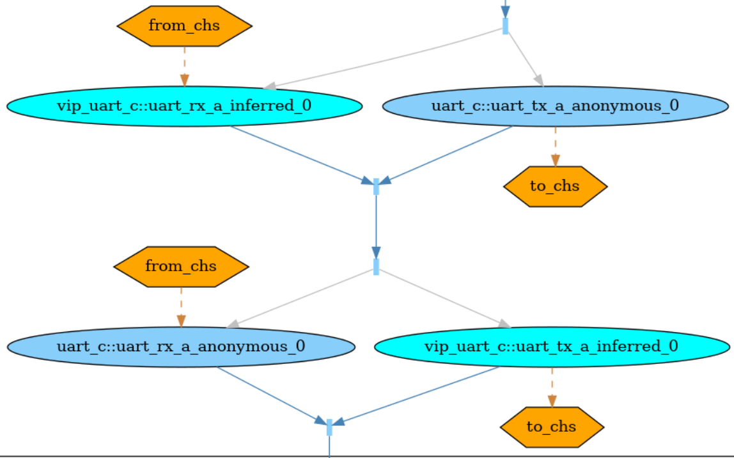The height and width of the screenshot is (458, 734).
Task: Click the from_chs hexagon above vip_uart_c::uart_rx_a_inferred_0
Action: point(184,26)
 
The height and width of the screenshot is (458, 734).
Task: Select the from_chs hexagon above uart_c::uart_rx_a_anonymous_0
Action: point(181,266)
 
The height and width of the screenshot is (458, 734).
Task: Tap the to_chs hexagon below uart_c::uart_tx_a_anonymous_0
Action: point(555,186)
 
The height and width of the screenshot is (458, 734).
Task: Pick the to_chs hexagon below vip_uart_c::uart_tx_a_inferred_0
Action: point(552,427)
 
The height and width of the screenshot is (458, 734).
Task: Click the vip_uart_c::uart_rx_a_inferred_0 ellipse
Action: point(184,106)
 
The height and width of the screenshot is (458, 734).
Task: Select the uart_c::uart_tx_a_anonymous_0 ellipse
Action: point(555,106)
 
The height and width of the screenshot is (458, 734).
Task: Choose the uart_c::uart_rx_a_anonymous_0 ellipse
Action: point(181,347)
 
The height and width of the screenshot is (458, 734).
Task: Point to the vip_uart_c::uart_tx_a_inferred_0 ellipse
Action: point(552,347)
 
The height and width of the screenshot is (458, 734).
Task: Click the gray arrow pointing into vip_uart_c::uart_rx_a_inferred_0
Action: point(384,58)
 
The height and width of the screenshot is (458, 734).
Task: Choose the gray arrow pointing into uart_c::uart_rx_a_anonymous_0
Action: point(301,298)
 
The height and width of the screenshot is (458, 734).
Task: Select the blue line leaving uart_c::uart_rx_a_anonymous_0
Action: point(269,392)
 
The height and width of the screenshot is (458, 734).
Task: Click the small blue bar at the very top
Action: point(505,26)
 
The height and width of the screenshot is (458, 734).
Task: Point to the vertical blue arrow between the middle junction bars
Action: point(376,224)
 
